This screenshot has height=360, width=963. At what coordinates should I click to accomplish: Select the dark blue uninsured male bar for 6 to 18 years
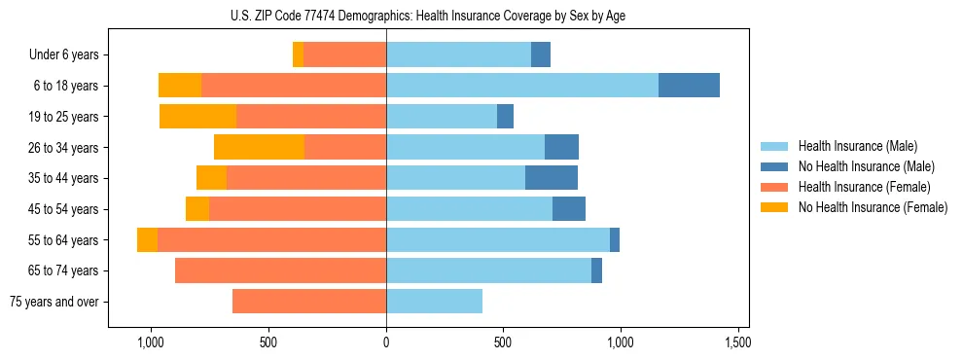pyautogui.click(x=689, y=86)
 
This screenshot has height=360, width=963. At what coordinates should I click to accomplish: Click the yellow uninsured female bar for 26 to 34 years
pyautogui.click(x=259, y=147)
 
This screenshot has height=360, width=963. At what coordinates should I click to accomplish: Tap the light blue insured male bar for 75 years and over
pyautogui.click(x=434, y=302)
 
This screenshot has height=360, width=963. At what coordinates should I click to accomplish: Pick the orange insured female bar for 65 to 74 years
pyautogui.click(x=280, y=270)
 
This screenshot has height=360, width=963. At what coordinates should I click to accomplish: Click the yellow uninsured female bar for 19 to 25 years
pyautogui.click(x=198, y=117)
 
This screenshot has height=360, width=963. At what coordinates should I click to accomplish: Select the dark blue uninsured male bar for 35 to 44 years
pyautogui.click(x=552, y=178)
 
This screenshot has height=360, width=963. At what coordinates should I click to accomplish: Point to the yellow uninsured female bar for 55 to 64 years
pyautogui.click(x=147, y=240)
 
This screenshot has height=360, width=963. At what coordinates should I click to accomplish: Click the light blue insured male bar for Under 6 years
pyautogui.click(x=458, y=54)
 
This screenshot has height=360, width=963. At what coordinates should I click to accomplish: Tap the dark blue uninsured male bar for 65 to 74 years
pyautogui.click(x=596, y=270)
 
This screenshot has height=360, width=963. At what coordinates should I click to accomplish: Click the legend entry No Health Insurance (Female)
pyautogui.click(x=873, y=207)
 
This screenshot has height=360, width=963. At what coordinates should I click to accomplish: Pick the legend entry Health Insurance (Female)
pyautogui.click(x=865, y=187)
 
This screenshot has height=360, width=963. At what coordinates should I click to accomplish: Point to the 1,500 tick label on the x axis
pyautogui.click(x=737, y=342)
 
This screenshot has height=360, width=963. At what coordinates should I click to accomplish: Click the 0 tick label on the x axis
pyautogui.click(x=386, y=342)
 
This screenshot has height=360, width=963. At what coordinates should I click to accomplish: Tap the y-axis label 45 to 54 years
pyautogui.click(x=64, y=209)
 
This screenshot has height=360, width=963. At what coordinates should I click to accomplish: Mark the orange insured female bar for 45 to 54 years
pyautogui.click(x=298, y=209)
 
